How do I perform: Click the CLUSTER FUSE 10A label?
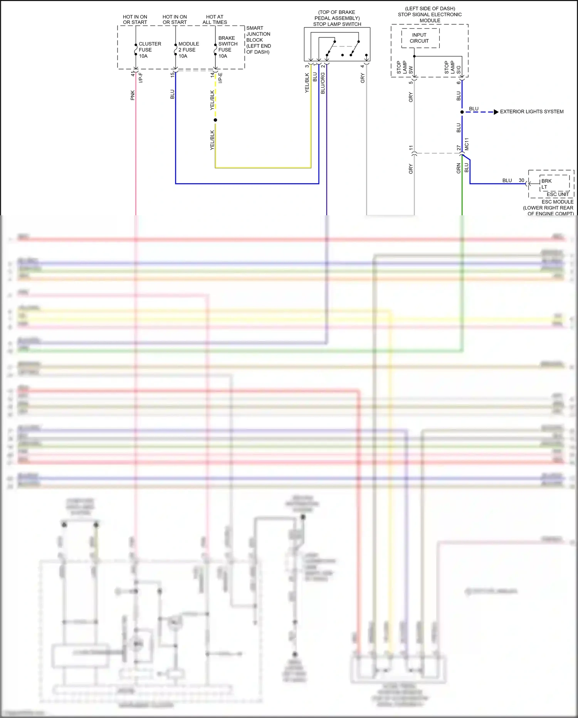point(150,50)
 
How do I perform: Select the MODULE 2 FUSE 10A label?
point(188,50)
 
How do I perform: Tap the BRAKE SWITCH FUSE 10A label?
point(228,47)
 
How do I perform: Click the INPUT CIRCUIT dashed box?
point(420,38)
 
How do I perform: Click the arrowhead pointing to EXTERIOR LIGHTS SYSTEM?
point(496,112)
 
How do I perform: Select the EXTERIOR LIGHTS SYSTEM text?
point(531,112)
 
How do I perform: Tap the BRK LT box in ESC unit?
point(554,184)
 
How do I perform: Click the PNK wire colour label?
point(133,95)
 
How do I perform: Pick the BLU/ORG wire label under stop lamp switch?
point(323,83)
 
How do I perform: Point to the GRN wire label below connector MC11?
point(459,168)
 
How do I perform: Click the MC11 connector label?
point(467,144)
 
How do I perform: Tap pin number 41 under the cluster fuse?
point(133,74)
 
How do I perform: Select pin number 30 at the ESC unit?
point(521,180)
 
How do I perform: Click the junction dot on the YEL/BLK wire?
point(215,120)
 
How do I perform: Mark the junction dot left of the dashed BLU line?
point(462,112)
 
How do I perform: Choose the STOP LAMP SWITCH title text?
point(337,24)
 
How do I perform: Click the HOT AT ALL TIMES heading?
point(215,19)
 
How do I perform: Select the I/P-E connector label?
point(220,78)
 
